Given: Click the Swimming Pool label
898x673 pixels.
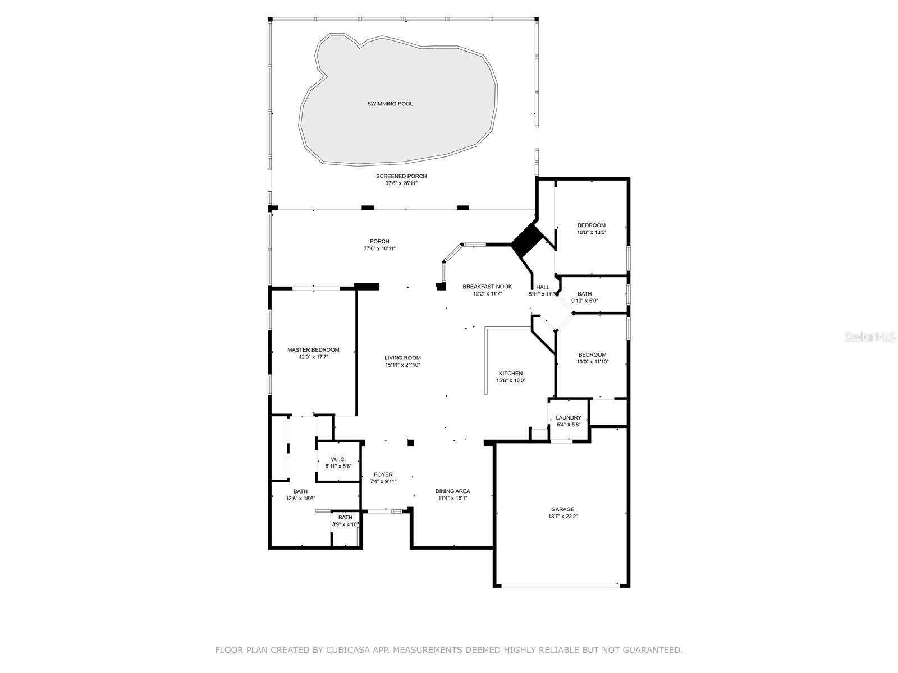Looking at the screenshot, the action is click(390, 104).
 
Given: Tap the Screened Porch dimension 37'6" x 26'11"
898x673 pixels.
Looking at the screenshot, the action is click(401, 183).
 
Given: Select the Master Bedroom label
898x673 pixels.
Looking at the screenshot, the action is click(313, 350).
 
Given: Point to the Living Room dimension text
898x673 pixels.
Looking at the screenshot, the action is click(402, 365).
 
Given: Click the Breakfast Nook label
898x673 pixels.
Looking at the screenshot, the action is click(487, 287).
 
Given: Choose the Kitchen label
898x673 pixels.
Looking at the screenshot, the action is click(511, 373).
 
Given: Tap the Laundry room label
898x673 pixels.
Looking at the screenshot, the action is click(568, 418).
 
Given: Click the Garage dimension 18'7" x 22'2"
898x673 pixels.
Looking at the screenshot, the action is click(562, 516).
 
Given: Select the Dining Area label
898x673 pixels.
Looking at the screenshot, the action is click(452, 491).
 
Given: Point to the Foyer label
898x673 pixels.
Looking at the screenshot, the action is click(383, 474).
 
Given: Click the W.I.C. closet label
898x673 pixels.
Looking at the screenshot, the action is click(338, 459).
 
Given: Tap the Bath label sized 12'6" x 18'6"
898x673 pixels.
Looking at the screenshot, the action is click(300, 491).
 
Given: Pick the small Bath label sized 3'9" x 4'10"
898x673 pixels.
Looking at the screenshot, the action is click(345, 517).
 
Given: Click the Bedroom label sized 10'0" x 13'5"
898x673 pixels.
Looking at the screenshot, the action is click(592, 225).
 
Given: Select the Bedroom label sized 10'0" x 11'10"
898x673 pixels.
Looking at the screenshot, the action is click(592, 354).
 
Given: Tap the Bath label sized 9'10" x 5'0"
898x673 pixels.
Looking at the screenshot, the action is click(585, 293).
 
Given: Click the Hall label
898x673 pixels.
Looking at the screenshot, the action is click(543, 287).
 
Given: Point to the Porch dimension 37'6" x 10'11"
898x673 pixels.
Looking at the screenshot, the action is click(379, 248).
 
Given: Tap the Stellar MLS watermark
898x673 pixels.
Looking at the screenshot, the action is click(870, 336).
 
